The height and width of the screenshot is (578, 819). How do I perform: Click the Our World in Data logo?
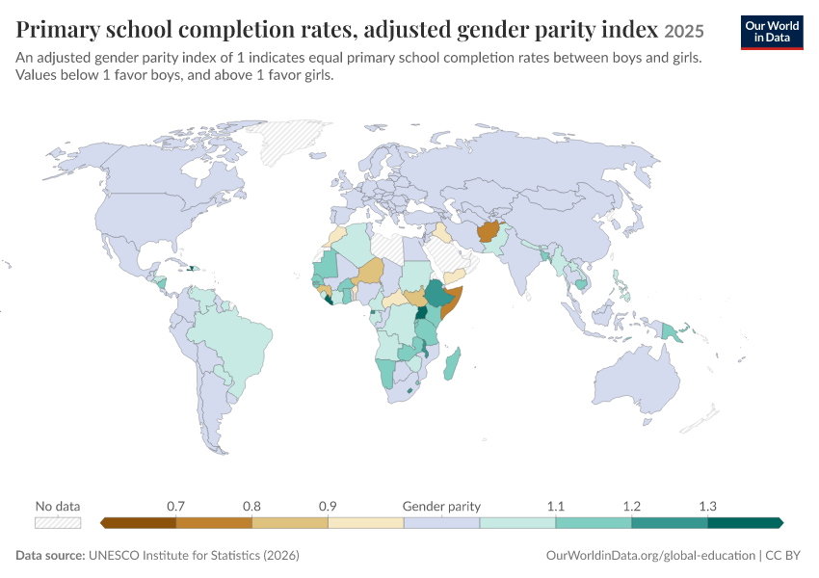click(772, 33)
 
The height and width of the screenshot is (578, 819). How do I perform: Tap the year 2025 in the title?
click(684, 32)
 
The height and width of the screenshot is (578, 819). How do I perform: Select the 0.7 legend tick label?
click(175, 506)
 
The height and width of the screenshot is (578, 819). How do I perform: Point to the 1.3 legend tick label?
click(708, 506)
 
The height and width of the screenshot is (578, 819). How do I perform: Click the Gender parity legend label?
click(441, 506)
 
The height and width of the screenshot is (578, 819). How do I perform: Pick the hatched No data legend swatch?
click(58, 523)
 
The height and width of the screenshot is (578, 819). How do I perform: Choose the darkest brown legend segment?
click(138, 523)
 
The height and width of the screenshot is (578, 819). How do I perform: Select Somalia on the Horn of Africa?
click(451, 302)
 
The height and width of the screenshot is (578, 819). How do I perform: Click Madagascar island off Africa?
click(452, 364)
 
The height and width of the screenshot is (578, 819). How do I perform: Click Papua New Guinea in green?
click(673, 332)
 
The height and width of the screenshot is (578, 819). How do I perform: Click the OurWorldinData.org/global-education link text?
click(650, 555)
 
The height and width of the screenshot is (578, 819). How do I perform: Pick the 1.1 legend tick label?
click(556, 506)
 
